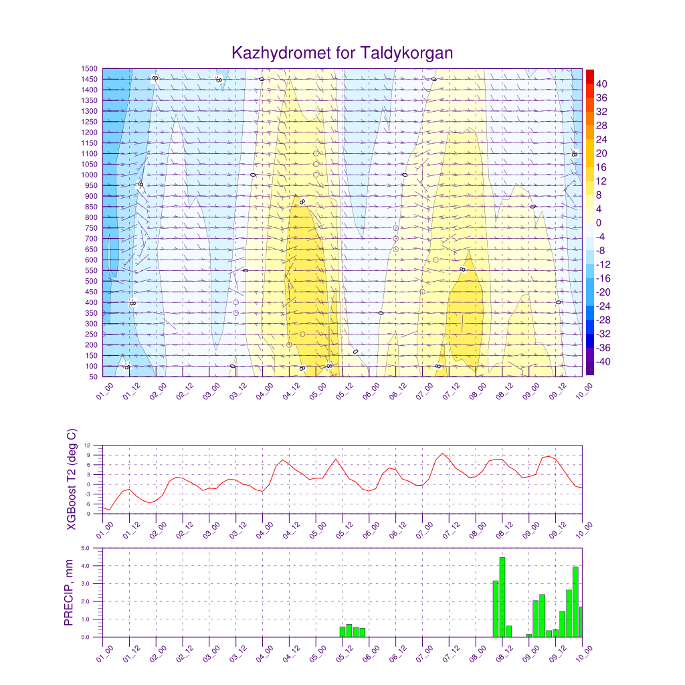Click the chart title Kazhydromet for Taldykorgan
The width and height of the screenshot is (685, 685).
click(x=342, y=53)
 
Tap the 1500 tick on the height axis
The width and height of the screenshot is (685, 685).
click(x=90, y=68)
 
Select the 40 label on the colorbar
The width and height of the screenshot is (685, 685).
click(x=601, y=84)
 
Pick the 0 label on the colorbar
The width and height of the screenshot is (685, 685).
click(x=599, y=223)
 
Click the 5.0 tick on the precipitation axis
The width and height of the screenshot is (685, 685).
click(x=86, y=548)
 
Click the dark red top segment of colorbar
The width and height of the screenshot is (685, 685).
click(x=589, y=76)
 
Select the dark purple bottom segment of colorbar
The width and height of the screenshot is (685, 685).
click(x=589, y=369)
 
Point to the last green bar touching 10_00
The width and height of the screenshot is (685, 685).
click(x=581, y=621)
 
